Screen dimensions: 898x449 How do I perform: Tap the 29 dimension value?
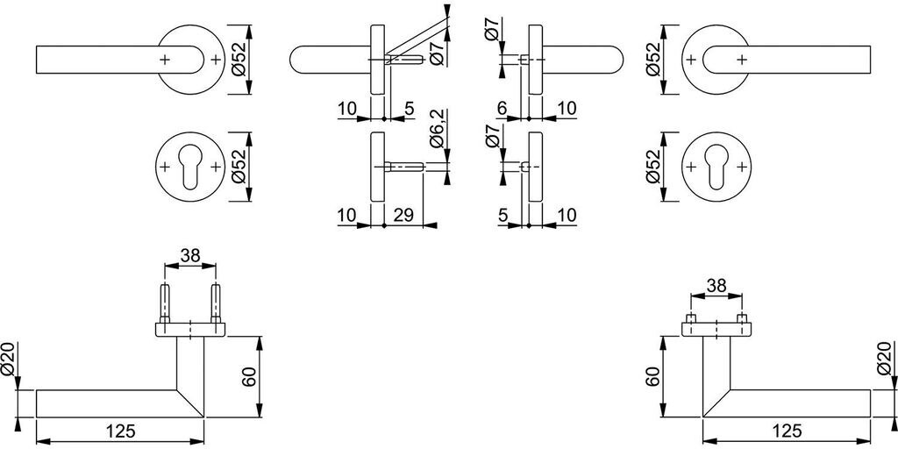coord(403,214)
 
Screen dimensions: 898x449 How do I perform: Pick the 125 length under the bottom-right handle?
coord(787,431)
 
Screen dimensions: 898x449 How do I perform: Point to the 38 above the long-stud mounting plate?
coord(189,255)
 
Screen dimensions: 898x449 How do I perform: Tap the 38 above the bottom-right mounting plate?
coord(716,285)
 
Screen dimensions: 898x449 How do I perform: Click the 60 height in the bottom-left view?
coord(250,377)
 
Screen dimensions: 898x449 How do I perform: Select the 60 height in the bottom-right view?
coord(652,377)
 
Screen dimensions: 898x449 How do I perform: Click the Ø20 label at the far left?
coord(9,360)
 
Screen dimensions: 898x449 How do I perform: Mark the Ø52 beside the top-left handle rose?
coord(239,59)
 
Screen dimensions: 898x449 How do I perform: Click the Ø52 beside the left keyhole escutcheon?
coord(239,167)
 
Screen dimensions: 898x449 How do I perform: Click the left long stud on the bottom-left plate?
coord(164,303)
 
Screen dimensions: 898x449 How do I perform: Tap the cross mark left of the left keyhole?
coord(165,167)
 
